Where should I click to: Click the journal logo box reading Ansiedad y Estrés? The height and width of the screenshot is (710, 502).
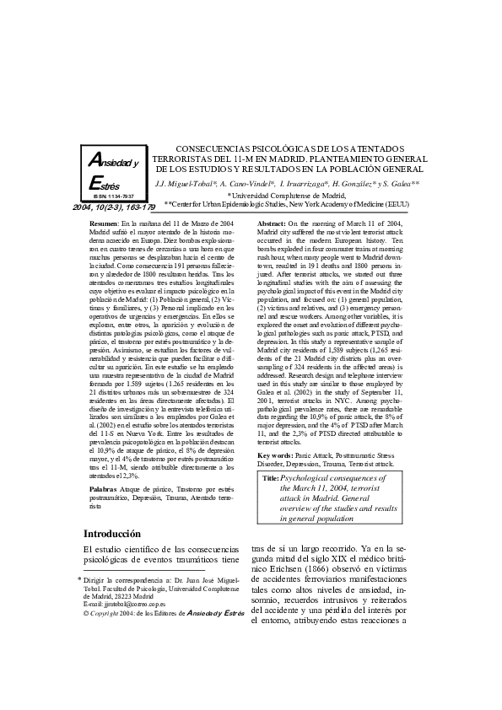click(114, 172)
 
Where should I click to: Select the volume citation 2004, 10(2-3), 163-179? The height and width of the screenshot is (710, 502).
click(114, 207)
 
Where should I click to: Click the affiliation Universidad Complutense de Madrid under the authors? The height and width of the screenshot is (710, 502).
click(289, 194)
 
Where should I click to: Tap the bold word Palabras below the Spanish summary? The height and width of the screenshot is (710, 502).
click(103, 488)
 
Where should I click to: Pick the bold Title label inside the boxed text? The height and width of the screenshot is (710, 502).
click(270, 478)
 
